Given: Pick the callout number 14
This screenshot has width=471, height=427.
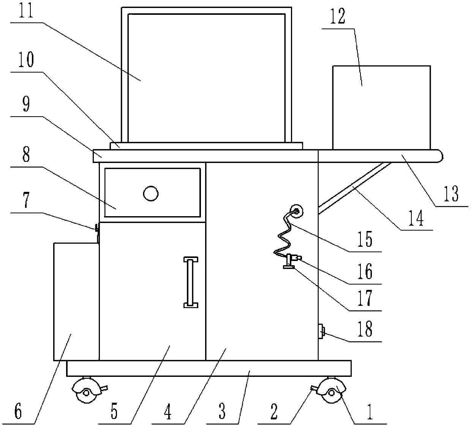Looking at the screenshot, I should point(417,219).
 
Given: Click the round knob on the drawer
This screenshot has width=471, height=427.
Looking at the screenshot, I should point(150,194).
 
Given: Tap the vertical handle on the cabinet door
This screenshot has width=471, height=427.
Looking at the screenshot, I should point(191,282).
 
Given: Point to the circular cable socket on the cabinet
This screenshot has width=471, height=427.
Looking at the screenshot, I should point(296,211).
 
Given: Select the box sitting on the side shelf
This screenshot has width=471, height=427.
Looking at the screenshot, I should point(381,108).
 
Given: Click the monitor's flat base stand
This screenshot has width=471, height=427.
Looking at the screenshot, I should point(206,145).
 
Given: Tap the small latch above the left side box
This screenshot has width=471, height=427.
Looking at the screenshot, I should point(97,229).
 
